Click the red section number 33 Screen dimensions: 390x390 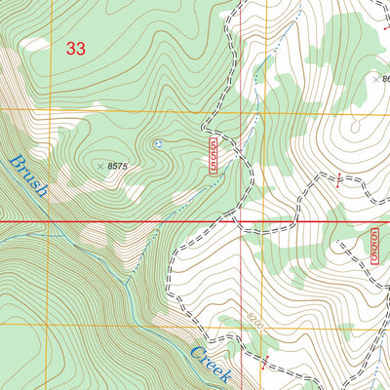(x=74, y=48)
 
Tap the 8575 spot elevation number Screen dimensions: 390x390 (x=118, y=168)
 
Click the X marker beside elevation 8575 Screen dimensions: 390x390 (x=100, y=167)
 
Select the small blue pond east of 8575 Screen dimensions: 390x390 (x=158, y=144)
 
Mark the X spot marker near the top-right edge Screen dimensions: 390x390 (x=376, y=80)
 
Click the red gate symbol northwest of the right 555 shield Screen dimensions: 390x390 (x=338, y=178)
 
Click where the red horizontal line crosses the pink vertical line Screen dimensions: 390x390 (x=242, y=221)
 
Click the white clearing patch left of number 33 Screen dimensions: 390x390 (x=34, y=44)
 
